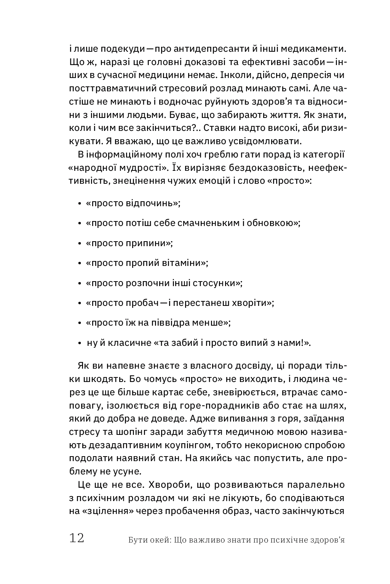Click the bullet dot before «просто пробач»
[80, 304]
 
